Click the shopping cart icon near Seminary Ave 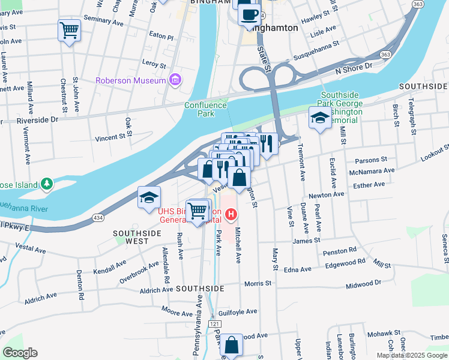[x=69, y=29]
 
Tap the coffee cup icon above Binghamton [x=249, y=14]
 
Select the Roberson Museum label [x=131, y=80]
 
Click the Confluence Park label [x=205, y=109]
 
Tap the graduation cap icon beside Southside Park [x=320, y=118]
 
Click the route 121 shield [x=214, y=324]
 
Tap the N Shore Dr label [x=354, y=70]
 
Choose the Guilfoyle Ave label [x=238, y=311]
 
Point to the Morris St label [x=258, y=283]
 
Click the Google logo [x=20, y=352]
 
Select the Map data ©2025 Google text [x=411, y=355]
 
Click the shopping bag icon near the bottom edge [x=231, y=346]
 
